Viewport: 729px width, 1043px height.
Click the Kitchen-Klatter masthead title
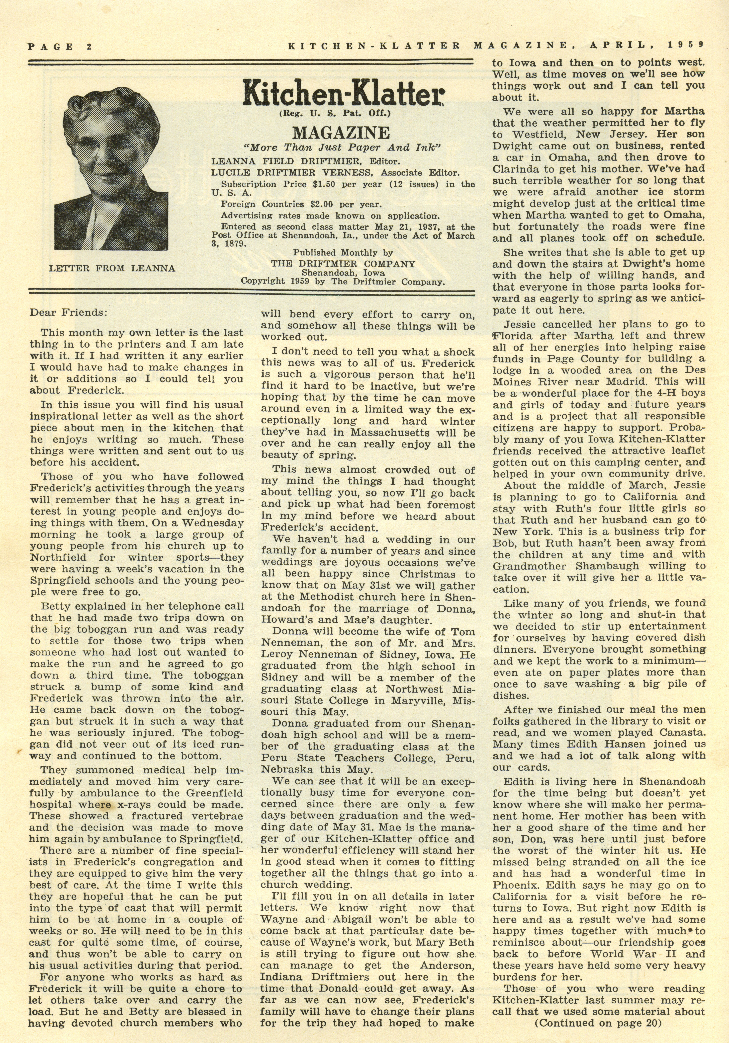tap(343, 92)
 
